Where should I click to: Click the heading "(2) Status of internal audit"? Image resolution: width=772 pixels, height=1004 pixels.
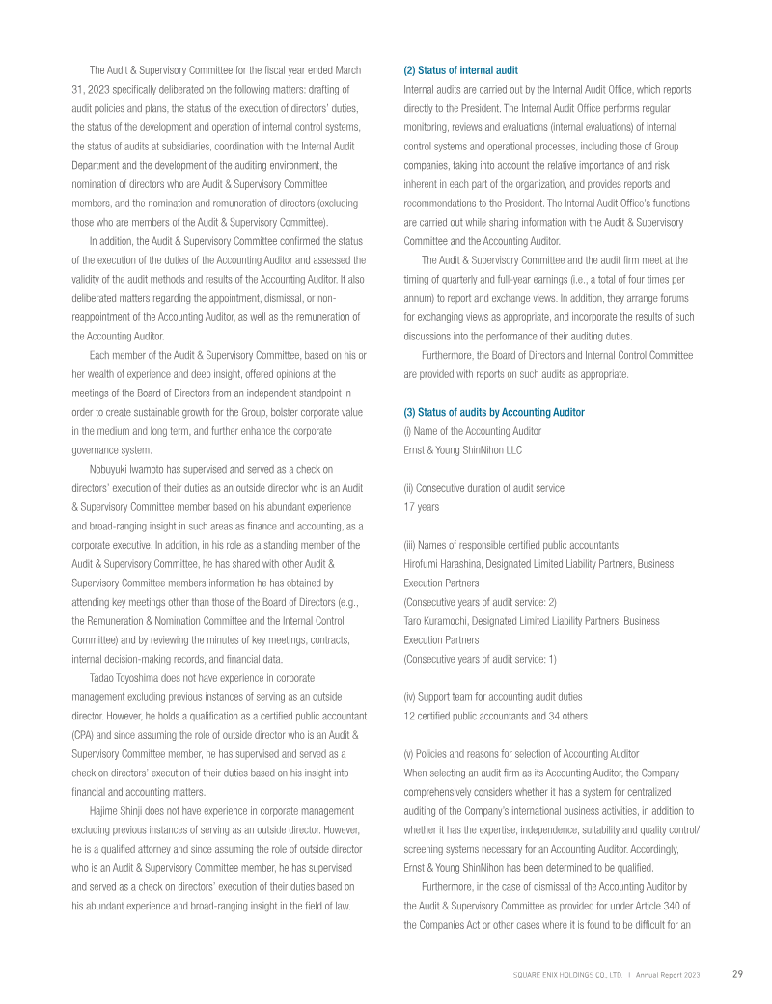tap(460, 70)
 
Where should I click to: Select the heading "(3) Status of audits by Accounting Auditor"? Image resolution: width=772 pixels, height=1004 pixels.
tap(493, 412)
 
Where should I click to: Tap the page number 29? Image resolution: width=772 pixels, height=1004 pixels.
tap(737, 973)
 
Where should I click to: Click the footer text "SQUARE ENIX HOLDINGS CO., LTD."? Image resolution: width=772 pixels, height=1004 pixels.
tap(566, 974)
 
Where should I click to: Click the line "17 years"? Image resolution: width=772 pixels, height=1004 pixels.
tap(421, 505)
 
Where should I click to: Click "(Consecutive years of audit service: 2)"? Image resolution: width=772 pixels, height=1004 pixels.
tap(480, 601)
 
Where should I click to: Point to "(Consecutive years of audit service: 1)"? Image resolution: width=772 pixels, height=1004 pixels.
tap(480, 658)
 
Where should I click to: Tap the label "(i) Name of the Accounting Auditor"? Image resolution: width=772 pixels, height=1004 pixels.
tap(472, 431)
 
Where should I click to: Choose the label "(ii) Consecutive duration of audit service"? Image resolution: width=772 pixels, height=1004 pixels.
tap(483, 487)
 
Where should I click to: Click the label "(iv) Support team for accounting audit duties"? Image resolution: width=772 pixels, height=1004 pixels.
tap(493, 696)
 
